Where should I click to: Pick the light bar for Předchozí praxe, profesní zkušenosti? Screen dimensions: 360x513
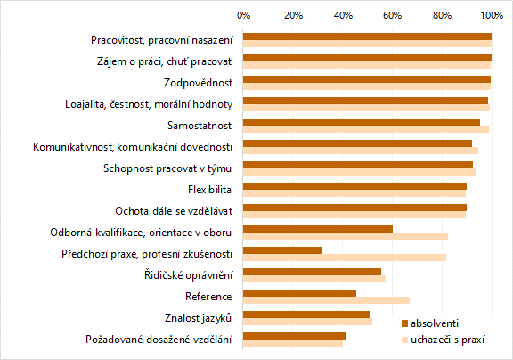[x=345, y=258]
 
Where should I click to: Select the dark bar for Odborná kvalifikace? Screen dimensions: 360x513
[x=318, y=229]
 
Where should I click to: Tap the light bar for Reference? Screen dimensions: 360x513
[x=326, y=300]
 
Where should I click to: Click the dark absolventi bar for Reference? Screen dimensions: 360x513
[x=299, y=293]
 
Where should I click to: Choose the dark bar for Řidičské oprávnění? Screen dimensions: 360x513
[x=312, y=272]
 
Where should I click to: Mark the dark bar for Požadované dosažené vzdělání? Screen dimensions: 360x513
[x=295, y=336]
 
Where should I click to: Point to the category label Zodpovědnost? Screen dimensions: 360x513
[x=199, y=83]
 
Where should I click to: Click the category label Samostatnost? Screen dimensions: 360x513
[x=200, y=126]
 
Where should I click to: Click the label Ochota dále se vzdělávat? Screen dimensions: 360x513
[x=174, y=211]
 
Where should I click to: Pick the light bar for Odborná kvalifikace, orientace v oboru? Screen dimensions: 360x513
[x=346, y=236]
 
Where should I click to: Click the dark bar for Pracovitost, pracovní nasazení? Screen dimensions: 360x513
[x=367, y=37]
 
